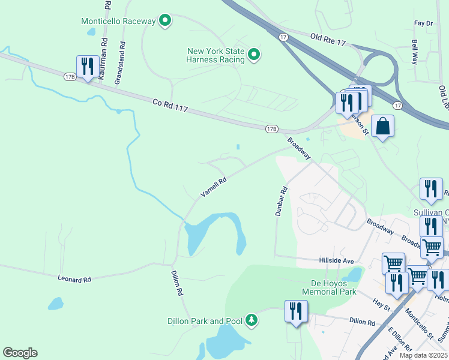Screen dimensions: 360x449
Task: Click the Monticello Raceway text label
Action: click(x=118, y=21)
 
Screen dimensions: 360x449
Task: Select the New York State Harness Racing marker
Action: click(x=253, y=56)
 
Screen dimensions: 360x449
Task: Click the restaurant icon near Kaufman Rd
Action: click(x=88, y=66)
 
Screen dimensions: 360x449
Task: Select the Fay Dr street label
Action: click(x=423, y=23)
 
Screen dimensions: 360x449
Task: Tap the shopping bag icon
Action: click(x=382, y=127)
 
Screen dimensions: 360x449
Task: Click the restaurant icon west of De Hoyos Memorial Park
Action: click(x=296, y=311)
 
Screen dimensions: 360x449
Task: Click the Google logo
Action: click(x=20, y=353)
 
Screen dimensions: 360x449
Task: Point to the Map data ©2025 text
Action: click(x=423, y=355)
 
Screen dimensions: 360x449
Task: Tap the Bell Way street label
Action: click(x=415, y=53)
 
